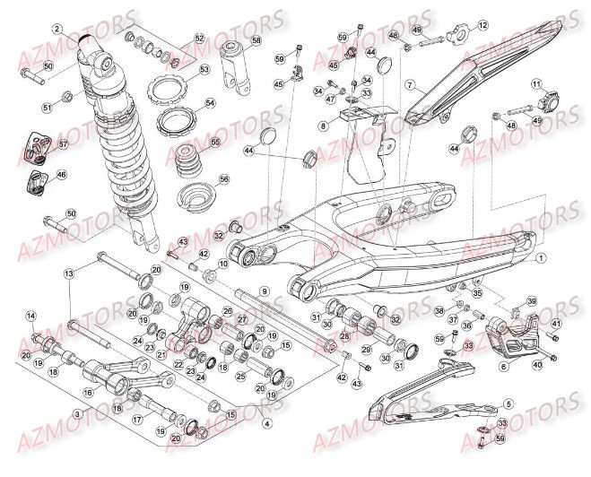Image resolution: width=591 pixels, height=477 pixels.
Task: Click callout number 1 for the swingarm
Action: coord(541,257)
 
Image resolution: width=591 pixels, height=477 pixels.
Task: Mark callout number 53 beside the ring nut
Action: coord(204,70)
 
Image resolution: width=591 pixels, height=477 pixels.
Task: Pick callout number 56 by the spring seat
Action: coord(224,178)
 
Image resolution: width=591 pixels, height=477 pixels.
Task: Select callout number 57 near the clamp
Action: coord(63,143)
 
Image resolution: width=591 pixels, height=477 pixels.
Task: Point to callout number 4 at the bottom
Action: coord(266,423)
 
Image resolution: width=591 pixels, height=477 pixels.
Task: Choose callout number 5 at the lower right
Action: coord(508,404)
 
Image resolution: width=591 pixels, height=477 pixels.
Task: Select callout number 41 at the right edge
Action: coord(557,324)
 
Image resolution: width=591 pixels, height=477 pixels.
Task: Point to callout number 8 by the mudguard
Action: coord(322,127)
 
